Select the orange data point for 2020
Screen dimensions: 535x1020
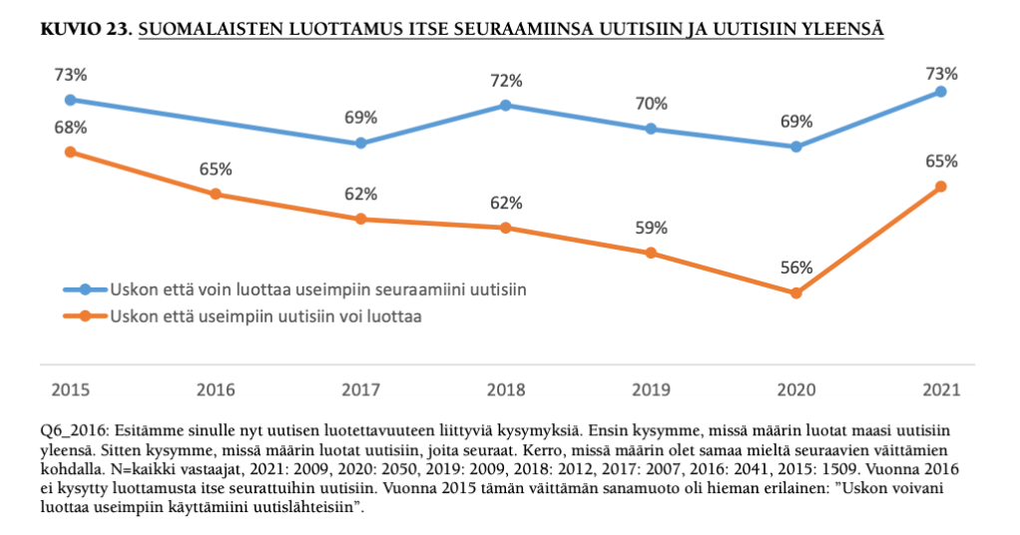point(795,293)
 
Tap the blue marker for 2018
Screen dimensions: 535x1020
point(506,105)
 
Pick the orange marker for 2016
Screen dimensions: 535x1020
point(216,194)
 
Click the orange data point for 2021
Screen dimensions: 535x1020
point(941,187)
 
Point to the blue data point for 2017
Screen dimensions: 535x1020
point(360,143)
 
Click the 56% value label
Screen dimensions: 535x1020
point(796,267)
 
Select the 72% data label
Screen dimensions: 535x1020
point(506,79)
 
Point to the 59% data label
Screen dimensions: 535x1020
point(652,228)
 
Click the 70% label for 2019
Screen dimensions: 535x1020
point(652,103)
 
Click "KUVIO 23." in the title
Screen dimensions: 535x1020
point(85,31)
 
